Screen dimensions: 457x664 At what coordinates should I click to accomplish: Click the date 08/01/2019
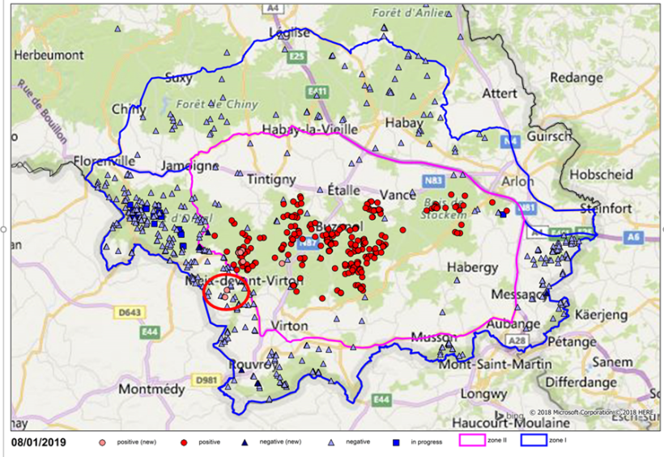coord(39,442)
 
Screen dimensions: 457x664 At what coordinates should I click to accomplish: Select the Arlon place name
coord(518,180)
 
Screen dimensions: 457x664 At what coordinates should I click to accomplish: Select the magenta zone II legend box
coord(478,442)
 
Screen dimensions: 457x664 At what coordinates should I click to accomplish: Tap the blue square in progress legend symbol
coord(396,442)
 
